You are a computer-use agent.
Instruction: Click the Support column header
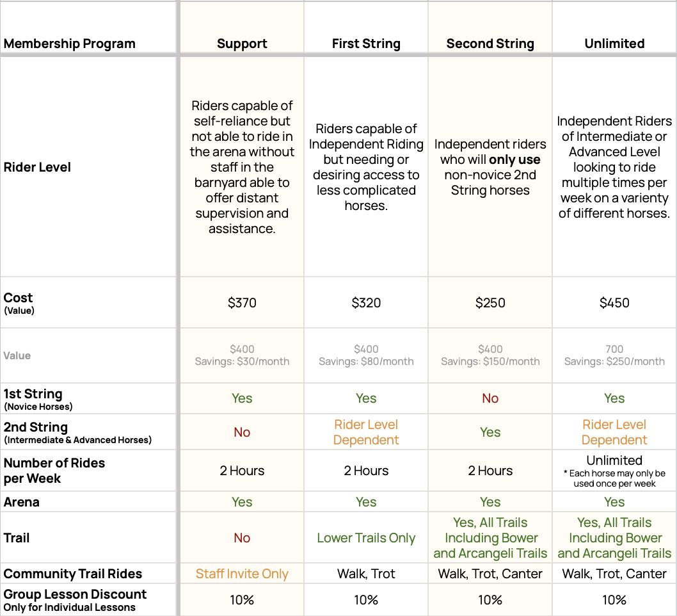[x=242, y=44]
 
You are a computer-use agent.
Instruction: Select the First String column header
[x=366, y=44]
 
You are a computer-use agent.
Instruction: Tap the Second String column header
[x=490, y=44]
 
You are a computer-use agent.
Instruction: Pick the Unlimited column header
[x=614, y=44]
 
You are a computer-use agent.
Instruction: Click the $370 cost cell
[x=242, y=303]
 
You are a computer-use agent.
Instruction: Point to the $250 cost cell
[x=490, y=303]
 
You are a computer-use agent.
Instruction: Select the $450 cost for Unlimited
[x=614, y=303]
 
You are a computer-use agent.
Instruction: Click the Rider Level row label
[x=37, y=167]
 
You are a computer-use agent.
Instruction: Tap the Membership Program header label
[x=70, y=44]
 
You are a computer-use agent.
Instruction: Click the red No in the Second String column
[x=490, y=398]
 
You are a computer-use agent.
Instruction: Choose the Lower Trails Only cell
[x=366, y=538]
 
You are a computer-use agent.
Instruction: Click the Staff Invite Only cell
[x=242, y=574]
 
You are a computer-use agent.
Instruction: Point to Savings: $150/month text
[x=490, y=361]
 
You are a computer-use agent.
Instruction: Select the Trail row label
[x=17, y=538]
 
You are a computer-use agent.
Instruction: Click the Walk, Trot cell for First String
[x=366, y=574]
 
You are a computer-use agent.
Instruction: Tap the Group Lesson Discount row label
[x=75, y=595]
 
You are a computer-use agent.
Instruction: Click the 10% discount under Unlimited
[x=614, y=600]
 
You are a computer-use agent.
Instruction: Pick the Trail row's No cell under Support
[x=242, y=538]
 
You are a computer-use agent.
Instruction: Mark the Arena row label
[x=21, y=502]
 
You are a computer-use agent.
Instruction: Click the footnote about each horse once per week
[x=614, y=478]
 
